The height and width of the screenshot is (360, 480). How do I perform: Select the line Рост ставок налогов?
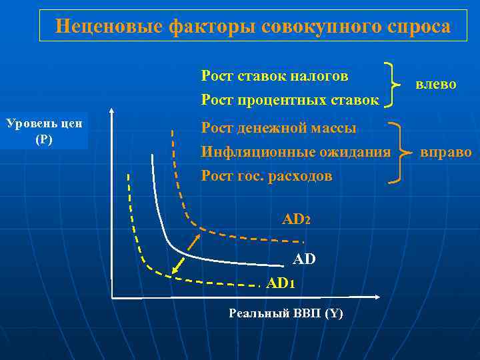tap(275, 76)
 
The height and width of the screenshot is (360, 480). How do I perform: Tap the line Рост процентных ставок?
tap(290, 101)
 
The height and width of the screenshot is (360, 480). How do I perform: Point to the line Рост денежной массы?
tap(279, 127)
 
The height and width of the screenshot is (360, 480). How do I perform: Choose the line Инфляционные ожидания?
tap(296, 152)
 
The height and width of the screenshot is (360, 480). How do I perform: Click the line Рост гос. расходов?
tap(267, 176)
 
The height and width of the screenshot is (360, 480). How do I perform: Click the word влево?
tap(435, 84)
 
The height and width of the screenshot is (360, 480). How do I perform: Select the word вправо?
tap(445, 152)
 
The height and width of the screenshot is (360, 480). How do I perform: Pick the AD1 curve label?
tap(280, 283)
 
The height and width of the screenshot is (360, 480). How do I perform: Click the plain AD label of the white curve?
tap(303, 259)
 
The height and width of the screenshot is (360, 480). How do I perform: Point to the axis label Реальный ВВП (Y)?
tap(285, 313)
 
